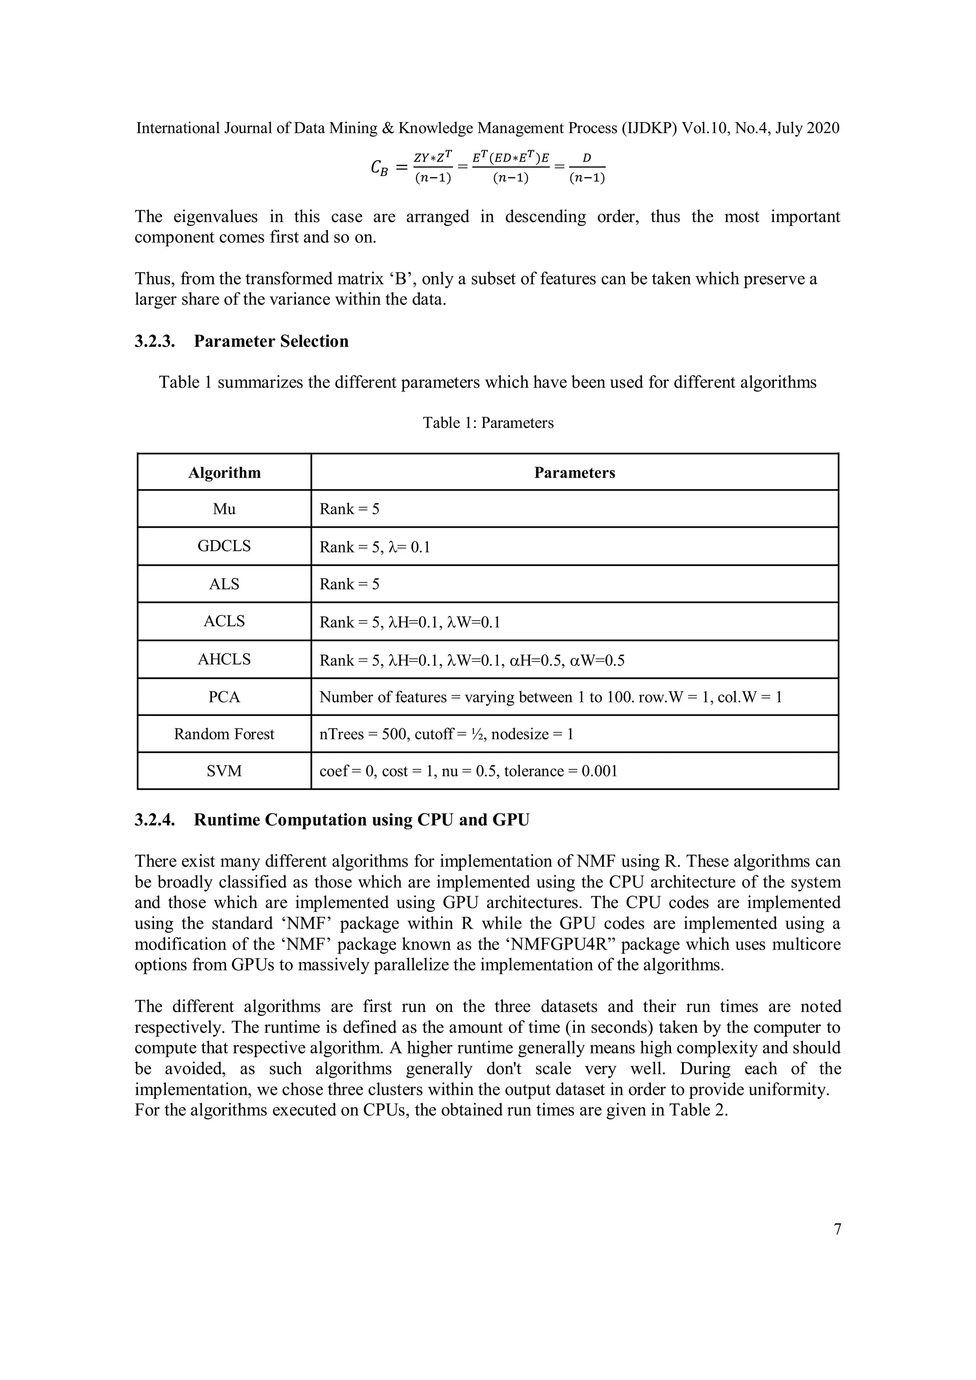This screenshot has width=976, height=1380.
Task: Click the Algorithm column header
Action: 224,472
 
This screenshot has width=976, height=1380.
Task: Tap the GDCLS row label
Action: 224,546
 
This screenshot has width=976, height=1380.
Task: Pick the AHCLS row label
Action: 224,659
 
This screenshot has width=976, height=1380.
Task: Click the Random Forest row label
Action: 224,734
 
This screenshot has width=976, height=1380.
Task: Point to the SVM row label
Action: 224,771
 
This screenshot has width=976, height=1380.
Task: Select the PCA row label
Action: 224,697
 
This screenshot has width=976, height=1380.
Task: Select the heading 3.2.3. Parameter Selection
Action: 242,341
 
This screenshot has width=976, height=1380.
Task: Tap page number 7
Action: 837,1229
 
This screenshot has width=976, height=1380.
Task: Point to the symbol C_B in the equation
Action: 380,167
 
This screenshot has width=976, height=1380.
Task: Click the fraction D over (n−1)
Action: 587,168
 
